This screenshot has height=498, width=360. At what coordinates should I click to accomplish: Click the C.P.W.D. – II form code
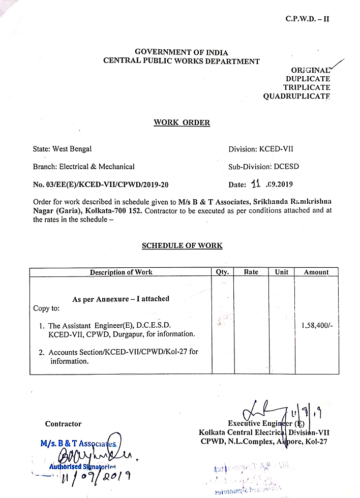[x=307, y=19]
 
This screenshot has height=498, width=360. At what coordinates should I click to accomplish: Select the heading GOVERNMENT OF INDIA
[x=181, y=52]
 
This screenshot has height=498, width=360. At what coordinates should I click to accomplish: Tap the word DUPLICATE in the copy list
[x=308, y=79]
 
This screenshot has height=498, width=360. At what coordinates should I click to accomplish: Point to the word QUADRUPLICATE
[x=296, y=96]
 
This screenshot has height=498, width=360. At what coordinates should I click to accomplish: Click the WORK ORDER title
[x=182, y=122]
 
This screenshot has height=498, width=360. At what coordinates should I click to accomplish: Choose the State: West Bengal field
[x=62, y=149]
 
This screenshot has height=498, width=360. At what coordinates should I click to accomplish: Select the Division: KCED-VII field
[x=261, y=149]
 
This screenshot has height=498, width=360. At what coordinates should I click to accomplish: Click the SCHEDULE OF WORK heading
[x=182, y=245]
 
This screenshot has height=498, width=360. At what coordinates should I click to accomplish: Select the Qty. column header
[x=222, y=272]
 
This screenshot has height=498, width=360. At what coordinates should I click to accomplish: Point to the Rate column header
[x=251, y=272]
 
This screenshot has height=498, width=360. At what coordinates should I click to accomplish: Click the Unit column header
[x=282, y=272]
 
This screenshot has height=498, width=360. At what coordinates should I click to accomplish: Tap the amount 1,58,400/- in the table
[x=317, y=325]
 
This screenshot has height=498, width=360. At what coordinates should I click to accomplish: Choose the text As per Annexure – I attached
[x=121, y=299]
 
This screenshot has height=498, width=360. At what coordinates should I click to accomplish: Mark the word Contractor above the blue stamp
[x=63, y=424]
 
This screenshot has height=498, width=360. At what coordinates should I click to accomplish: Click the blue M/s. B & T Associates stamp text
[x=78, y=443]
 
